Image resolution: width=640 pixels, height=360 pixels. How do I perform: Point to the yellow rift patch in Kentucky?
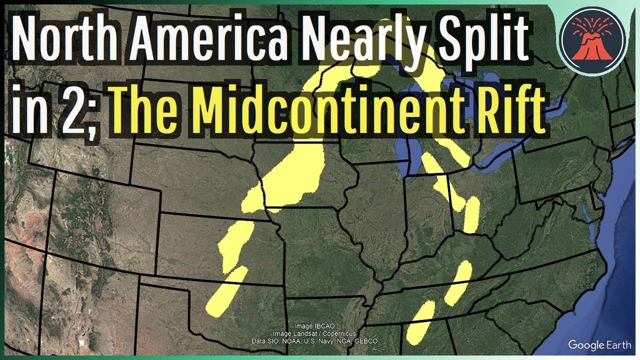(458, 283)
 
